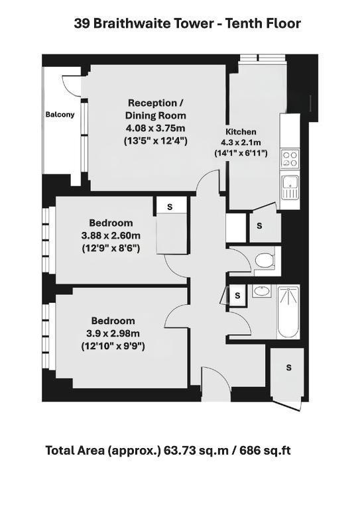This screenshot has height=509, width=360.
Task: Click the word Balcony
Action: point(60,115)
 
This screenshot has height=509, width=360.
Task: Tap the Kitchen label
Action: point(241,132)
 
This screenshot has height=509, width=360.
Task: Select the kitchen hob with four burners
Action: point(290,159)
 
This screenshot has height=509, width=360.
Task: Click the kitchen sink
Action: point(290,188)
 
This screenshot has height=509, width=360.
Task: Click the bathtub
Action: point(288,312)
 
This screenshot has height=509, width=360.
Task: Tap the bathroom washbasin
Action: point(262,290)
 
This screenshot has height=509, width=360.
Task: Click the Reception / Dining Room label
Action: point(156,109)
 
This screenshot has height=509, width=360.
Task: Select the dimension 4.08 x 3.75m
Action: point(156,128)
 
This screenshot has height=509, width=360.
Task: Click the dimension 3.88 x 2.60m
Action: point(111,235)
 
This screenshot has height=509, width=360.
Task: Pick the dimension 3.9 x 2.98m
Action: point(113,333)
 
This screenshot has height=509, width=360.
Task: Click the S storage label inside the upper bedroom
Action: point(170,207)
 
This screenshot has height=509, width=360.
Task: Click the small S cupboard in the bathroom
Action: point(237,296)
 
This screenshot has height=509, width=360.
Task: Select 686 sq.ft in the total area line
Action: point(265,451)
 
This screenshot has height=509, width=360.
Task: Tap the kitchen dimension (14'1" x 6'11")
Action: point(241,153)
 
